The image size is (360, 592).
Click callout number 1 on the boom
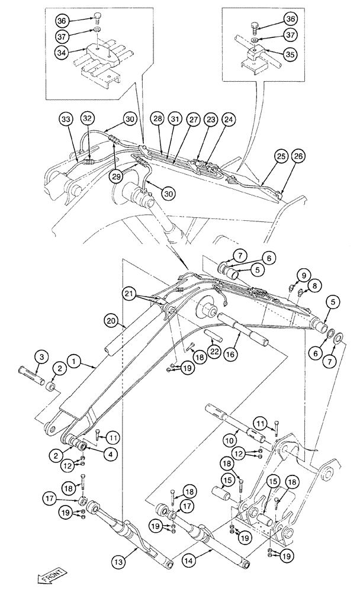[75, 359]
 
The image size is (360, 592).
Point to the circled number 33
[66, 120]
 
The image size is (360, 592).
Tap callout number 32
[87, 118]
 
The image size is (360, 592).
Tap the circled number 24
[228, 119]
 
